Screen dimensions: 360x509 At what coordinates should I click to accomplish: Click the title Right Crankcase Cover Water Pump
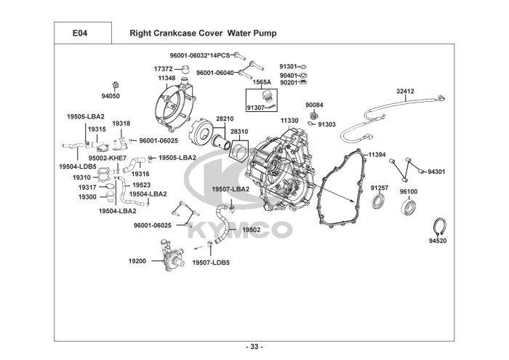point(203,33)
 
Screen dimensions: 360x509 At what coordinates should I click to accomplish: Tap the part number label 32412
point(406,91)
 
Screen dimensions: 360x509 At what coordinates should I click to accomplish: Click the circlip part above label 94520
point(438,224)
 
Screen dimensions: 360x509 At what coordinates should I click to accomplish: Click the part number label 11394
point(377,154)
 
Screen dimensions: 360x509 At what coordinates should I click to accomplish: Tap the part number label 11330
point(289,120)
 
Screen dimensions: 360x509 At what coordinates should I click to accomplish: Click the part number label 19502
point(251,229)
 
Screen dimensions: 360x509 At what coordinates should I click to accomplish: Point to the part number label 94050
point(111,95)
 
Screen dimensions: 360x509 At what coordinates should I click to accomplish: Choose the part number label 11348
point(167,77)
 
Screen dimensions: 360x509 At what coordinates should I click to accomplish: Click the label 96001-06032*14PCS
point(199,55)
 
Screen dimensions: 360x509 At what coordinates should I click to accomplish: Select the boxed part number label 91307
point(256,108)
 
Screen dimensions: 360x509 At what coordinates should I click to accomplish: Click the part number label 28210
point(225,118)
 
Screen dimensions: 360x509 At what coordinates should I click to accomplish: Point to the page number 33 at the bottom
point(254,345)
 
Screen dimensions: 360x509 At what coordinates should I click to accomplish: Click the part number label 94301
point(436,172)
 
